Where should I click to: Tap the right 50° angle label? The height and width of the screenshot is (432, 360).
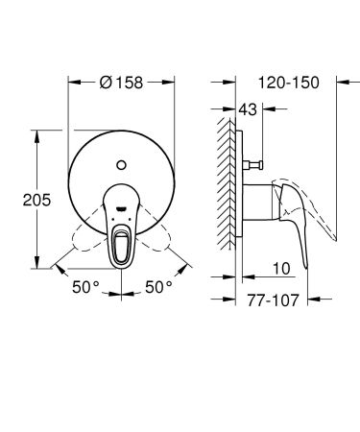[156, 285]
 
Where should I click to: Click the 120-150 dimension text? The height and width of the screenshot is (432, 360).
[294, 83]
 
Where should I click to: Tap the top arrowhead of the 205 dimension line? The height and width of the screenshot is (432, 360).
[38, 128]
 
